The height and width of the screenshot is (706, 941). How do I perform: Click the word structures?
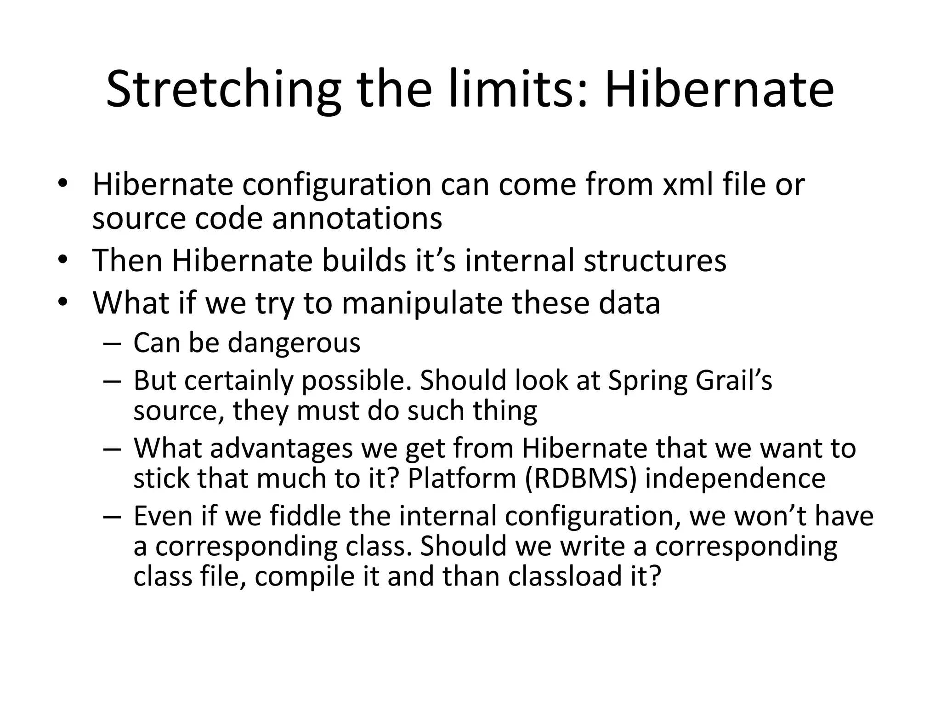click(x=655, y=260)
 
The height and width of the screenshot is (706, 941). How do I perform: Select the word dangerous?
click(x=294, y=343)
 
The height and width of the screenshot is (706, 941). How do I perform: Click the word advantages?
click(x=281, y=448)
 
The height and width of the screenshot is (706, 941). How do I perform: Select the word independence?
click(x=735, y=478)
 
